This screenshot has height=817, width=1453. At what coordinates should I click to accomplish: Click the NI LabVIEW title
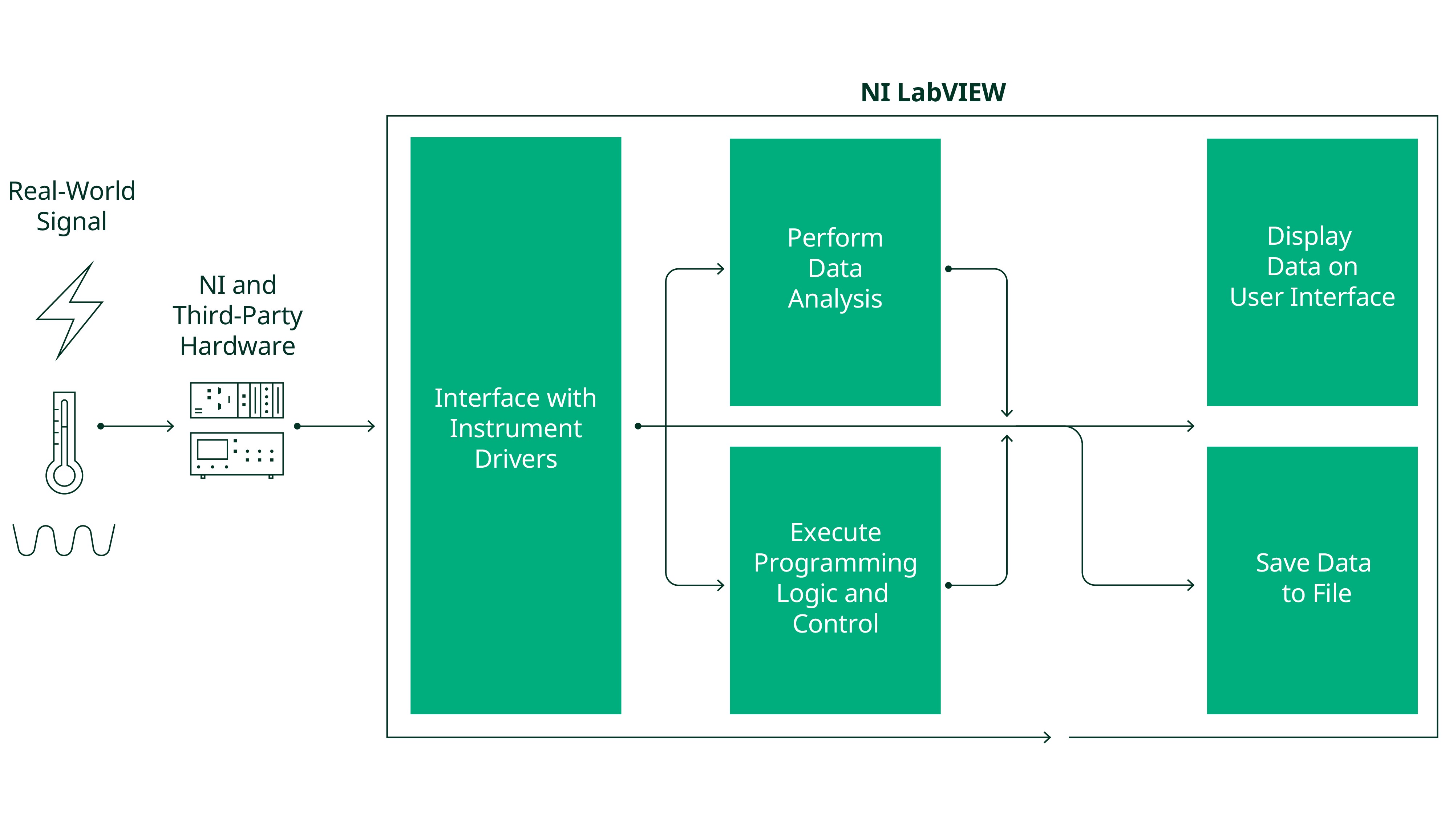coord(932,93)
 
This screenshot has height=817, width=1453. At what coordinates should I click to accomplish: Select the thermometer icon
coord(64,443)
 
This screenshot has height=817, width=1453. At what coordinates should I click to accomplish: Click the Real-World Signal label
coord(72,206)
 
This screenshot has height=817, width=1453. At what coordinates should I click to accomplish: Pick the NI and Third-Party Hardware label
coord(238,315)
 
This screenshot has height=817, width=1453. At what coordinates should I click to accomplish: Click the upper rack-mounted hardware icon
coord(237,400)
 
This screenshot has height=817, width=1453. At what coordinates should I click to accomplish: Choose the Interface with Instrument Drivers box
coord(515,426)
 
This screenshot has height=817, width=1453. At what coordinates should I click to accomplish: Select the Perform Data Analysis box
coord(835,272)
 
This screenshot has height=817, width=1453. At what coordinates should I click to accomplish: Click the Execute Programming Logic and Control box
coord(835,580)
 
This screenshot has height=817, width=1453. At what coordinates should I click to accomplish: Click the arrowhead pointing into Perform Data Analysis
coord(720,269)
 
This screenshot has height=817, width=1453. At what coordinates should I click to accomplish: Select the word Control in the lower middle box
coord(835,623)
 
